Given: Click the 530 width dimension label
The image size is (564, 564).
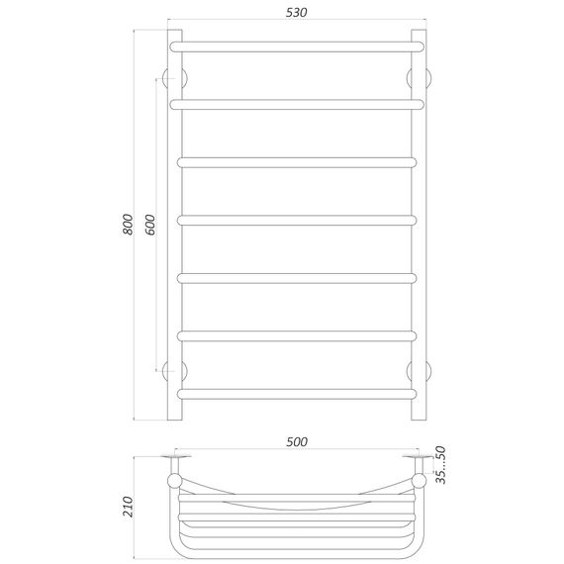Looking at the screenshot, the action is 297,13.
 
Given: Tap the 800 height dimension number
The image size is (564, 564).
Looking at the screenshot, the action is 128,224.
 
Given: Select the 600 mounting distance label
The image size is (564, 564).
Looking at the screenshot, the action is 150,225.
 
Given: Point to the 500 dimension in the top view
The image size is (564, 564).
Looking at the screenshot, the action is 297,441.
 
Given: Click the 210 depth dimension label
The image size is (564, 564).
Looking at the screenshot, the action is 128,507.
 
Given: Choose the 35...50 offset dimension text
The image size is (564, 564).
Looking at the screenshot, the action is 440,465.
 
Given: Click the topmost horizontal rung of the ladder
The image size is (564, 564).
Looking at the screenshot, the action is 297,47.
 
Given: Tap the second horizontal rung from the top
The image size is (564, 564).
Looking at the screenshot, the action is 297,105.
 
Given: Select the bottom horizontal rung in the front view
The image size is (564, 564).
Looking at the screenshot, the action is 297,394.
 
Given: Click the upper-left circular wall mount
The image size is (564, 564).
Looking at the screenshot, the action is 175,78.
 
